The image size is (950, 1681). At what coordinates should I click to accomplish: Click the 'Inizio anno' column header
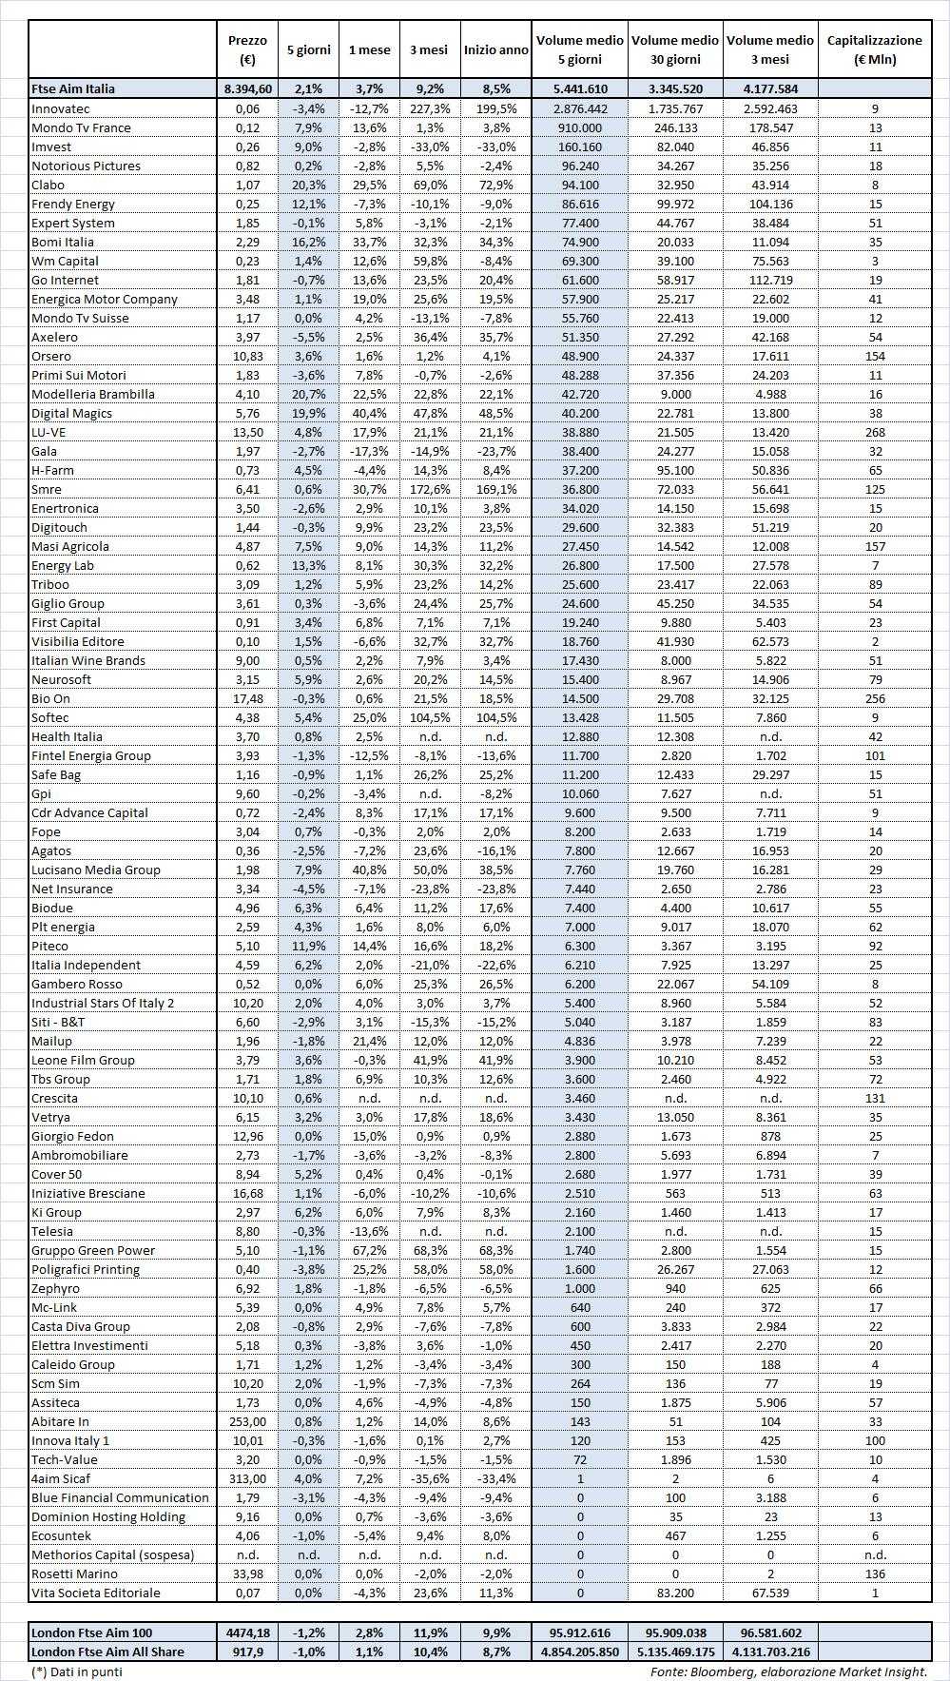tap(495, 49)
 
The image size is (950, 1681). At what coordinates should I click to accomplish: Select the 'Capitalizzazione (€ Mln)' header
tap(875, 49)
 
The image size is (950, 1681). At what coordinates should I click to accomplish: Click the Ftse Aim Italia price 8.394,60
tap(247, 88)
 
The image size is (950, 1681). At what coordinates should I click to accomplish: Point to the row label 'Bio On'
tap(51, 698)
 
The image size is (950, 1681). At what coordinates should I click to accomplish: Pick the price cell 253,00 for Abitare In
tap(247, 1421)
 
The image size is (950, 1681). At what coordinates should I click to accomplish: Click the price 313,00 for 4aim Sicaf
tap(247, 1478)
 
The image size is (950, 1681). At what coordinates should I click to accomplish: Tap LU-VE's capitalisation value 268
tap(875, 432)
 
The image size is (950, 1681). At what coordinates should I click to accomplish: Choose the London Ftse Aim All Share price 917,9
tap(247, 1652)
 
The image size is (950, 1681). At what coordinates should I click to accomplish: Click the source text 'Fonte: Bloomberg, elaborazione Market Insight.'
tap(788, 1671)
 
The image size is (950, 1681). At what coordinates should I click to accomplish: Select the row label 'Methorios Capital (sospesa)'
tap(113, 1554)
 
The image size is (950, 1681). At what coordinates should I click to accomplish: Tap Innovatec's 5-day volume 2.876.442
tap(580, 108)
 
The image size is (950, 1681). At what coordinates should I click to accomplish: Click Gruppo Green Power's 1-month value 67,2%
tap(368, 1250)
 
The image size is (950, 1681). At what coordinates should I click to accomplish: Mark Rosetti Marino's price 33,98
tap(247, 1573)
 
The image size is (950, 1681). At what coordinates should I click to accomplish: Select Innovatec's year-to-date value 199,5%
tap(495, 108)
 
